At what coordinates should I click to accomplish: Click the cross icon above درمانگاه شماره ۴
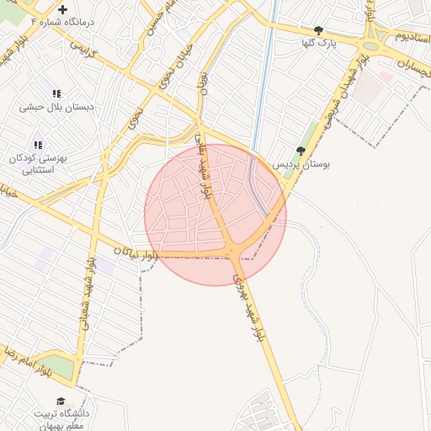[62, 9]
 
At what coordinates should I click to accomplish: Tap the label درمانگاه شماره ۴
[61, 22]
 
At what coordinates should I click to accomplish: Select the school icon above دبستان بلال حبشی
[56, 93]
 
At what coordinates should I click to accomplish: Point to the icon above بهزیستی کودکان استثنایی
[37, 145]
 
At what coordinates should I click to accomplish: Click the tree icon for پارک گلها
[317, 29]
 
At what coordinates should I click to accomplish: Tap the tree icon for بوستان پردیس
[301, 151]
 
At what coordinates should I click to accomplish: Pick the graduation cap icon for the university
[60, 401]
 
